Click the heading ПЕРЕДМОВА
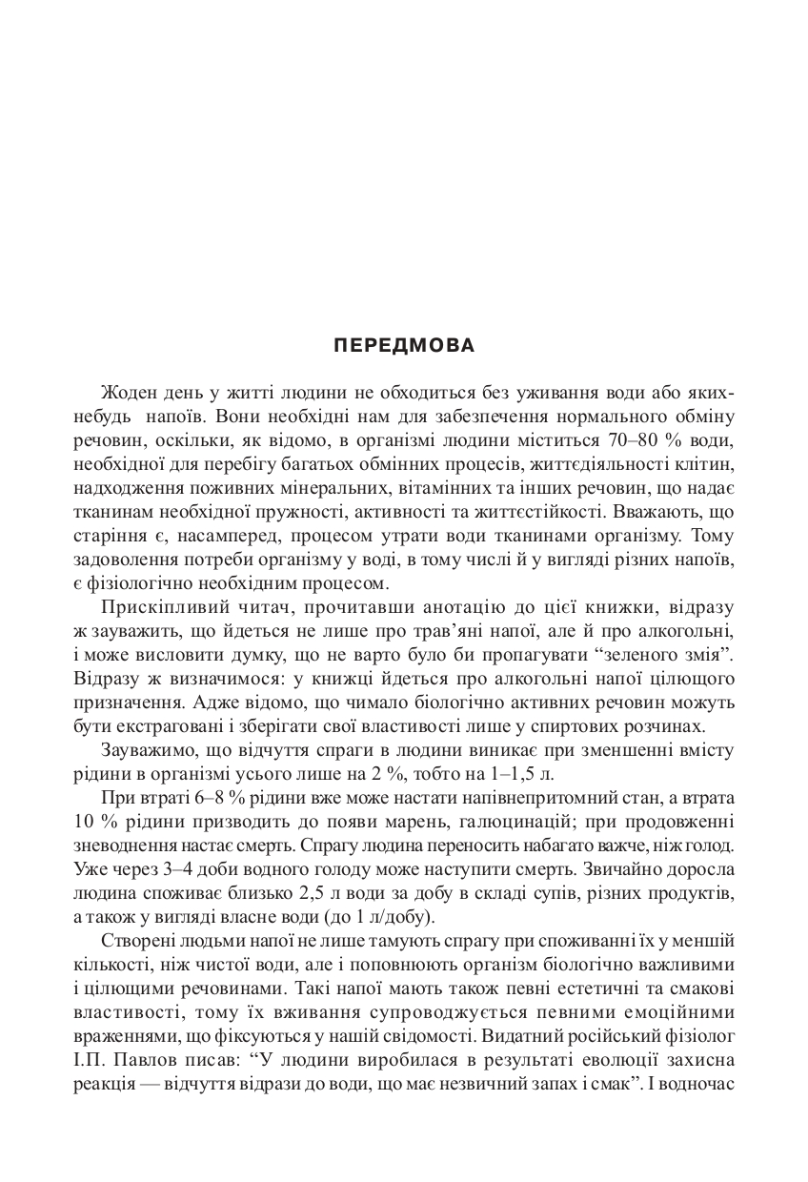coord(404,346)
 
